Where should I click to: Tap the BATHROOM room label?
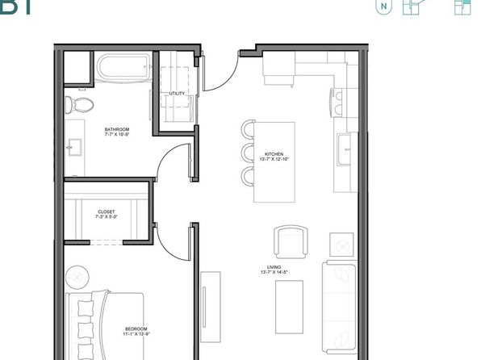pos(116,129)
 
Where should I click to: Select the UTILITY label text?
pos(177,94)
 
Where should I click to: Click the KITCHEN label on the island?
pos(274,154)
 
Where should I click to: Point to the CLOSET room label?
pos(107,211)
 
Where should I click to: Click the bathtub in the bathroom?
pos(123,67)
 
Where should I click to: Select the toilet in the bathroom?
pos(78,104)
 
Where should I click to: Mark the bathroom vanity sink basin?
pos(74,147)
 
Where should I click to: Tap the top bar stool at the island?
pos(248,130)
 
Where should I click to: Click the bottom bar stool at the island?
pos(248,176)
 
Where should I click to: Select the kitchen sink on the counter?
pos(346,150)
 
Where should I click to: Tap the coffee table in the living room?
pos(289,307)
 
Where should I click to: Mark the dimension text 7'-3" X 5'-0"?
pos(107,217)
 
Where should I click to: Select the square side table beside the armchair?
pos(342,243)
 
